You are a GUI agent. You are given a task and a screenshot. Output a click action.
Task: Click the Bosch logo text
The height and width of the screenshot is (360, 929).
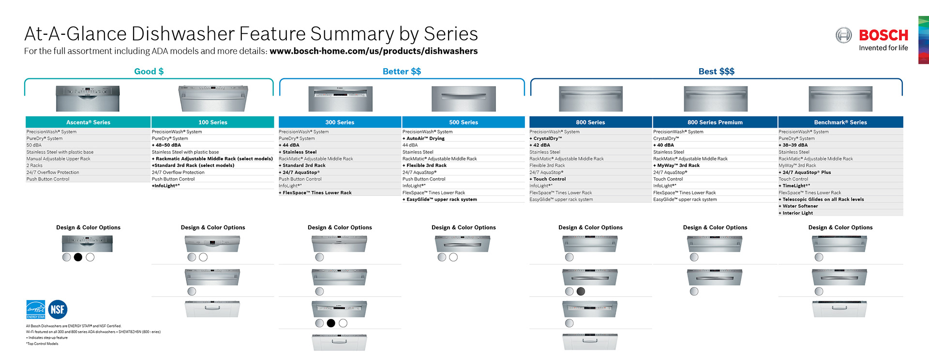coord(883,35)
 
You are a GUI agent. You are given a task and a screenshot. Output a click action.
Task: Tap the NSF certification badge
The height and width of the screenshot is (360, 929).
coord(58,310)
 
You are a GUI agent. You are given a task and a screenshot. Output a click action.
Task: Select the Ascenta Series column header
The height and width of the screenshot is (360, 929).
coord(88,122)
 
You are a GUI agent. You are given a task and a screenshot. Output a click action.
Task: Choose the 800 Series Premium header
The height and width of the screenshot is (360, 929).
coord(715,122)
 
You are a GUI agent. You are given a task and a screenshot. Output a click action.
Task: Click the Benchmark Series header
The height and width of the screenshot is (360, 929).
coord(840,122)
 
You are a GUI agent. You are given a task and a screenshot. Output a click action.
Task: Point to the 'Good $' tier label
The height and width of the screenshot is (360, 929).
coord(149,72)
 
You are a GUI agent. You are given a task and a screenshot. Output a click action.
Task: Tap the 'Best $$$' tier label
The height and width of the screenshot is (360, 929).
coord(716,72)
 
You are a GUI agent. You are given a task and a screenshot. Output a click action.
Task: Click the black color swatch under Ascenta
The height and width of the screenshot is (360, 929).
coord(78,257)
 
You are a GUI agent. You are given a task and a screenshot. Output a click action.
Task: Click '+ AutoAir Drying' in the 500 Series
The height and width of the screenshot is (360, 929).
coord(423,138)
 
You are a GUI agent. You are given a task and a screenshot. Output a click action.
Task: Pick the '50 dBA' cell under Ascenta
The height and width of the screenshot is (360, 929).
coord(34,145)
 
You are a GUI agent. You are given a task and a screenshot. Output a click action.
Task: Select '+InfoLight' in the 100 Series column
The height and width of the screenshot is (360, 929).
coord(165,186)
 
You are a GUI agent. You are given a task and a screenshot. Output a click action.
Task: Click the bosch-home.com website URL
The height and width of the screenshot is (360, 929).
coord(373,51)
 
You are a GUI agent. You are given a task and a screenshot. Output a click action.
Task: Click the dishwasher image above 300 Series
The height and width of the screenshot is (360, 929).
coord(340,99)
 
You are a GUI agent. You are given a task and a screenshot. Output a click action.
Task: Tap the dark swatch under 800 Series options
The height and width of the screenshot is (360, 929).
coord(581,291)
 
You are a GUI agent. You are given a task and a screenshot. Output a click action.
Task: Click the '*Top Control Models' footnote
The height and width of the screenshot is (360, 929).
coord(43,344)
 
